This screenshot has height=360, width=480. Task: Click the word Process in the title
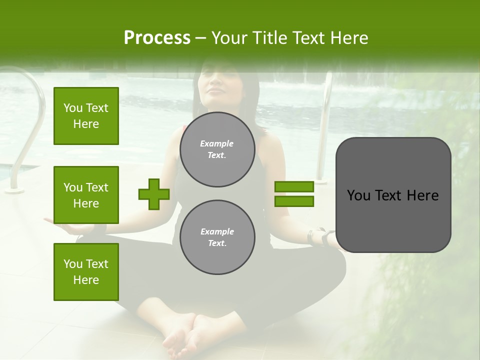click(157, 38)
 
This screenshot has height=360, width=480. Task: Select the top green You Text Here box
click(86, 116)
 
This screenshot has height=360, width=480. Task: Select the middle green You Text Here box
click(86, 195)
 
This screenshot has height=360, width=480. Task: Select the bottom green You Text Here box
click(86, 271)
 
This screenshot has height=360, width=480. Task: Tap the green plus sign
click(154, 194)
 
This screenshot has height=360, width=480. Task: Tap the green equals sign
click(294, 194)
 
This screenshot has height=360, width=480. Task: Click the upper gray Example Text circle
click(217, 149)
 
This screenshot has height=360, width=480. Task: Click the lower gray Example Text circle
click(217, 237)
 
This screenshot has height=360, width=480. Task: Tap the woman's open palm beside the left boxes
click(65, 227)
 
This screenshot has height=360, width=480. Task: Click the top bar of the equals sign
click(294, 187)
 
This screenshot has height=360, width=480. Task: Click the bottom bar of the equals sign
click(294, 201)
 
